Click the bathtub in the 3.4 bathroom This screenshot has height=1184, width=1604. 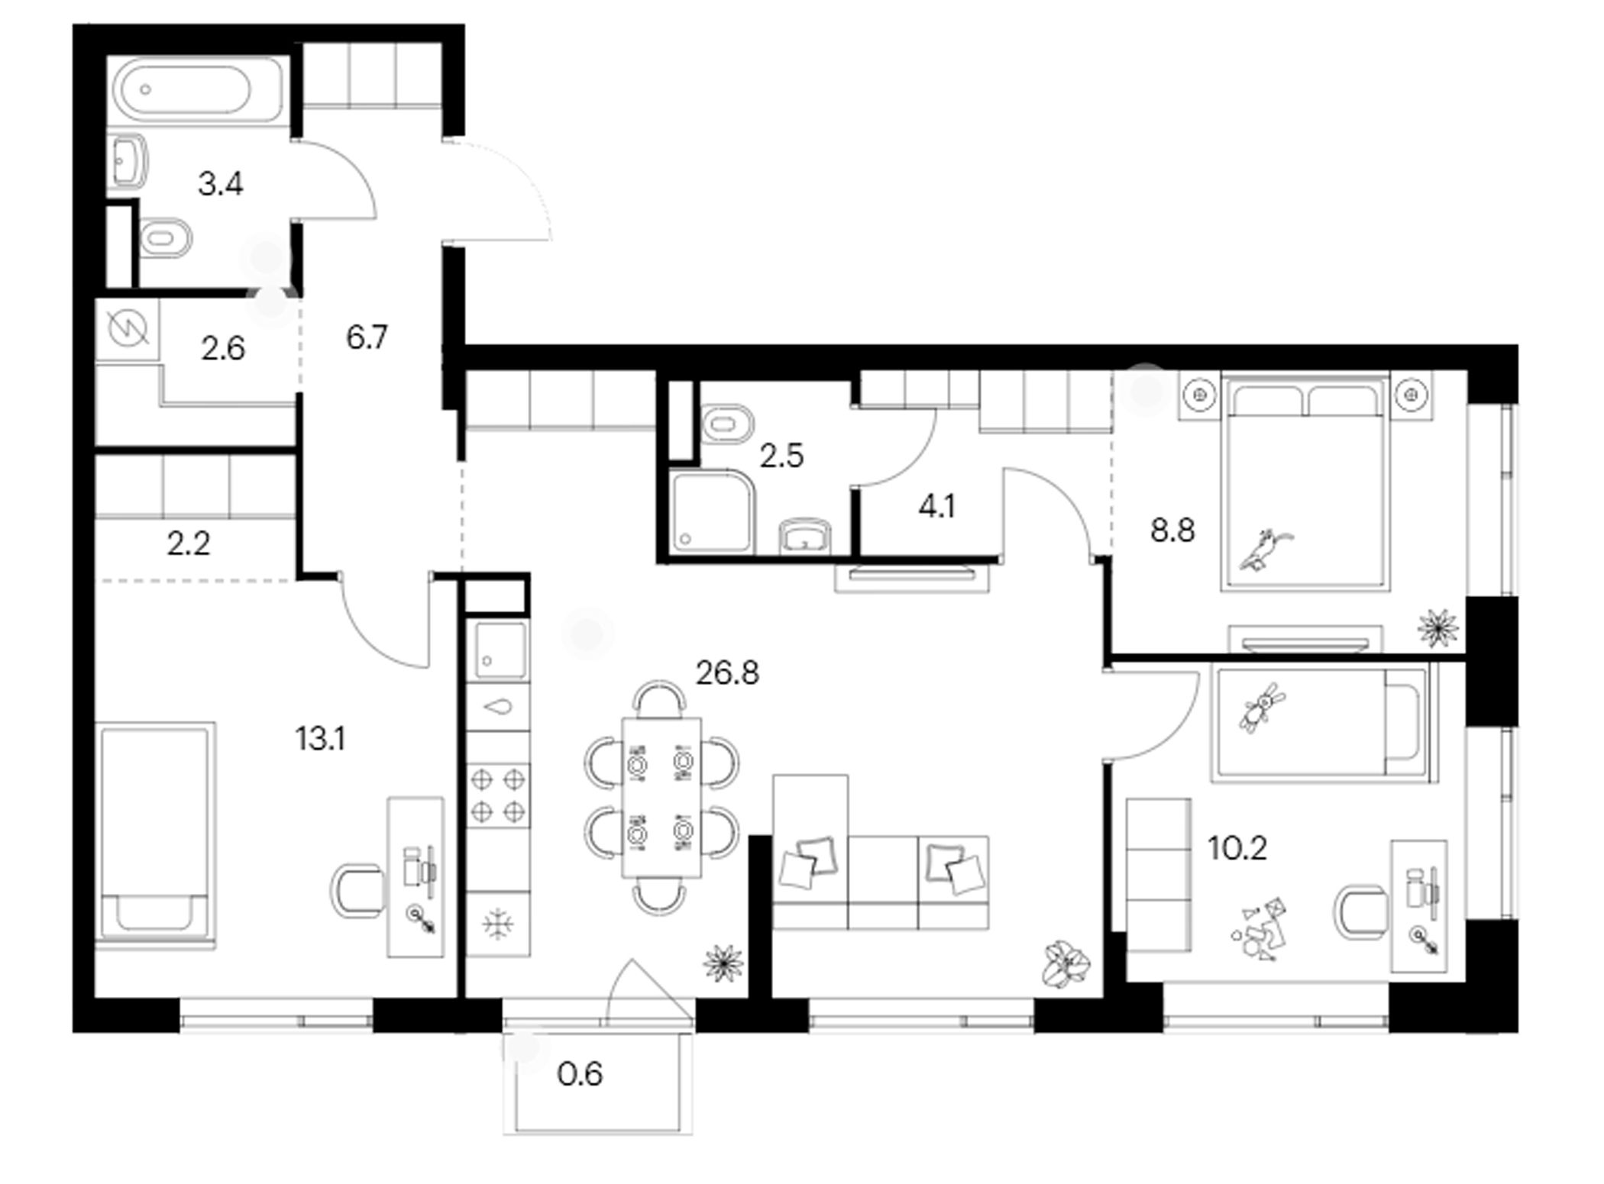198,89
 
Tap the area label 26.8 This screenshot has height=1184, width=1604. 727,673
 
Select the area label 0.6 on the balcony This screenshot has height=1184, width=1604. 580,1075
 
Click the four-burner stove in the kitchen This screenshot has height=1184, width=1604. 498,797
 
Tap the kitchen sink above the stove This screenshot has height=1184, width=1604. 500,650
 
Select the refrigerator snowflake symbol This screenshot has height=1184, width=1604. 498,924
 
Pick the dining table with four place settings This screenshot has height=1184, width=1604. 661,798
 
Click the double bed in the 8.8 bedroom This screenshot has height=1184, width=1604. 1305,482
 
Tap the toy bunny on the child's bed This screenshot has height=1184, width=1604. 1261,708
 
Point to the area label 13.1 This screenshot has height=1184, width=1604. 320,739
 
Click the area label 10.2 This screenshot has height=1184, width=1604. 1237,848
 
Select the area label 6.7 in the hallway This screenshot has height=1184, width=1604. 367,337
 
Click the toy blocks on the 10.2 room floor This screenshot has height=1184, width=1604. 1258,930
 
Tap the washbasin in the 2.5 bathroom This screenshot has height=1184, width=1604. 805,536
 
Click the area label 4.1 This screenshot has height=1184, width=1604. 936,506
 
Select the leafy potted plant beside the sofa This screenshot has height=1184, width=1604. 1066,963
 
